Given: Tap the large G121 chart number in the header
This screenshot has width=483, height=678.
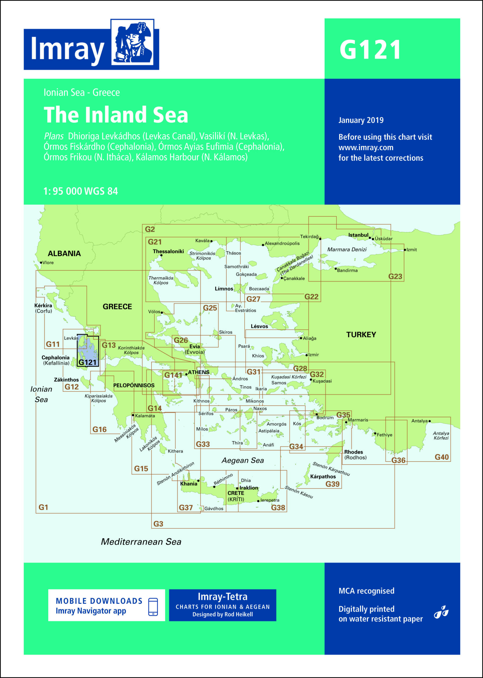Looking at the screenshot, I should tap(370, 50).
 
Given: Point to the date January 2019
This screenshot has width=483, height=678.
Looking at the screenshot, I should tap(361, 120).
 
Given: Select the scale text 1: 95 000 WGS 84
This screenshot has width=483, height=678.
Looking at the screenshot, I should tap(80, 191).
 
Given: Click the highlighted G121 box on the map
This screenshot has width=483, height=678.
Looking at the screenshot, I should tap(87, 350).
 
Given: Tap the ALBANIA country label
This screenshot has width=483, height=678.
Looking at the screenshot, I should tap(64, 253).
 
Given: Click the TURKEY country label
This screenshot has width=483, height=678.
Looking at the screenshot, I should tap(361, 334).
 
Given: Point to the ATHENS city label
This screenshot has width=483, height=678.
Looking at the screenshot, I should tap(198, 372).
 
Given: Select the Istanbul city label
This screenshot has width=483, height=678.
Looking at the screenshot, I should tap(358, 235).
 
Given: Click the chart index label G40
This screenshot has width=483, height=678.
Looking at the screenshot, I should tap(442, 457).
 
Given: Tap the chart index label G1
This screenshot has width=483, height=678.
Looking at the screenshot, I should tap(43, 507).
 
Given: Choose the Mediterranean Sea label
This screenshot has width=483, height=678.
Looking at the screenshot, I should tap(141, 542).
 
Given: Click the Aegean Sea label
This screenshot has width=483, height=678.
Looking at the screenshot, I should tap(243, 460).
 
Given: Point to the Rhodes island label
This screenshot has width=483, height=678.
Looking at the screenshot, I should tap(353, 452).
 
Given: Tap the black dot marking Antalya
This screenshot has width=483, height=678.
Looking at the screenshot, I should tap(430, 421).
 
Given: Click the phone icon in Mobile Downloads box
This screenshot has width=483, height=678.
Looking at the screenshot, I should tap(153, 607).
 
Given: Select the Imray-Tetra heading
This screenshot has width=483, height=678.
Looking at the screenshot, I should tap(222, 597).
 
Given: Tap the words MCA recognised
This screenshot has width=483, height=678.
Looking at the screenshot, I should tap(366, 591).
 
